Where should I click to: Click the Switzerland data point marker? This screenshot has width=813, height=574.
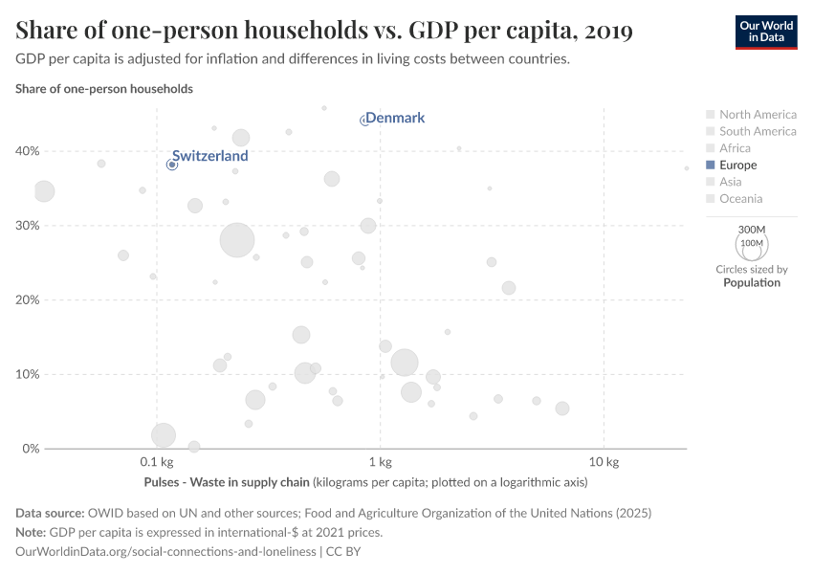[x=172, y=165]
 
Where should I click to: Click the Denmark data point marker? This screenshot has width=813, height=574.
[x=364, y=121]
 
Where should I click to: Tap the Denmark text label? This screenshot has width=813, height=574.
[x=395, y=118]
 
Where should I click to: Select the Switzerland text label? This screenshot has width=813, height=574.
[x=210, y=156]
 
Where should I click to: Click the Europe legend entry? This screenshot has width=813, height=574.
[x=737, y=165]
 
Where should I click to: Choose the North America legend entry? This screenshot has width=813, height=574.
[x=758, y=114]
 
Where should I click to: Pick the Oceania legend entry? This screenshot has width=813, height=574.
[x=740, y=199]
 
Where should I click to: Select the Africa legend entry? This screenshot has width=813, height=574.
[x=735, y=148]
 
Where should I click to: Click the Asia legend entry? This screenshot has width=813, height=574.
[x=731, y=182]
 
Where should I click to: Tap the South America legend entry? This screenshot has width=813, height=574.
[x=758, y=131]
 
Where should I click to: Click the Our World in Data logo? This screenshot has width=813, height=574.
[x=765, y=32]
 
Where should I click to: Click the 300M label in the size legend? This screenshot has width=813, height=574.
[x=753, y=231]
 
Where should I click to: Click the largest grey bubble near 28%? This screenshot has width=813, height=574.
[x=237, y=239]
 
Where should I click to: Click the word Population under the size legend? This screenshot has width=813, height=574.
[x=752, y=283]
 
